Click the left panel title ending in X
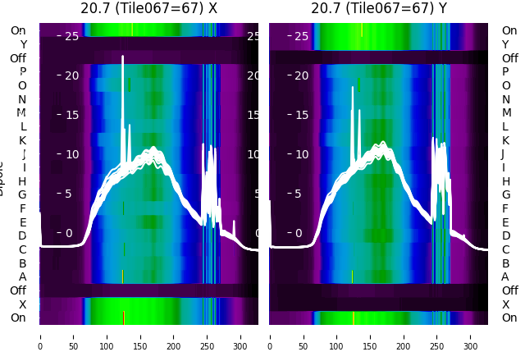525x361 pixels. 148,9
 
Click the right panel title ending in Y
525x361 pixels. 379,9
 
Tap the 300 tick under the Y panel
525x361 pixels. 470,336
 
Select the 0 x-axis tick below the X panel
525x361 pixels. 40,336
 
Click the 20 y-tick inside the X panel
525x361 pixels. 71,75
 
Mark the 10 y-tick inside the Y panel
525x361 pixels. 301,154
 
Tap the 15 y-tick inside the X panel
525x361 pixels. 71,115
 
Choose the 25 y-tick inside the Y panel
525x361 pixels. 301,36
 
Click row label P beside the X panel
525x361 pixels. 23,72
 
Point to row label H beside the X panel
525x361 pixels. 23,181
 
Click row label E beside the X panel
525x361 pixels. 23,222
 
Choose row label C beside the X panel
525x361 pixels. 23,249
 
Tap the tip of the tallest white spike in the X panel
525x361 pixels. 122,56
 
